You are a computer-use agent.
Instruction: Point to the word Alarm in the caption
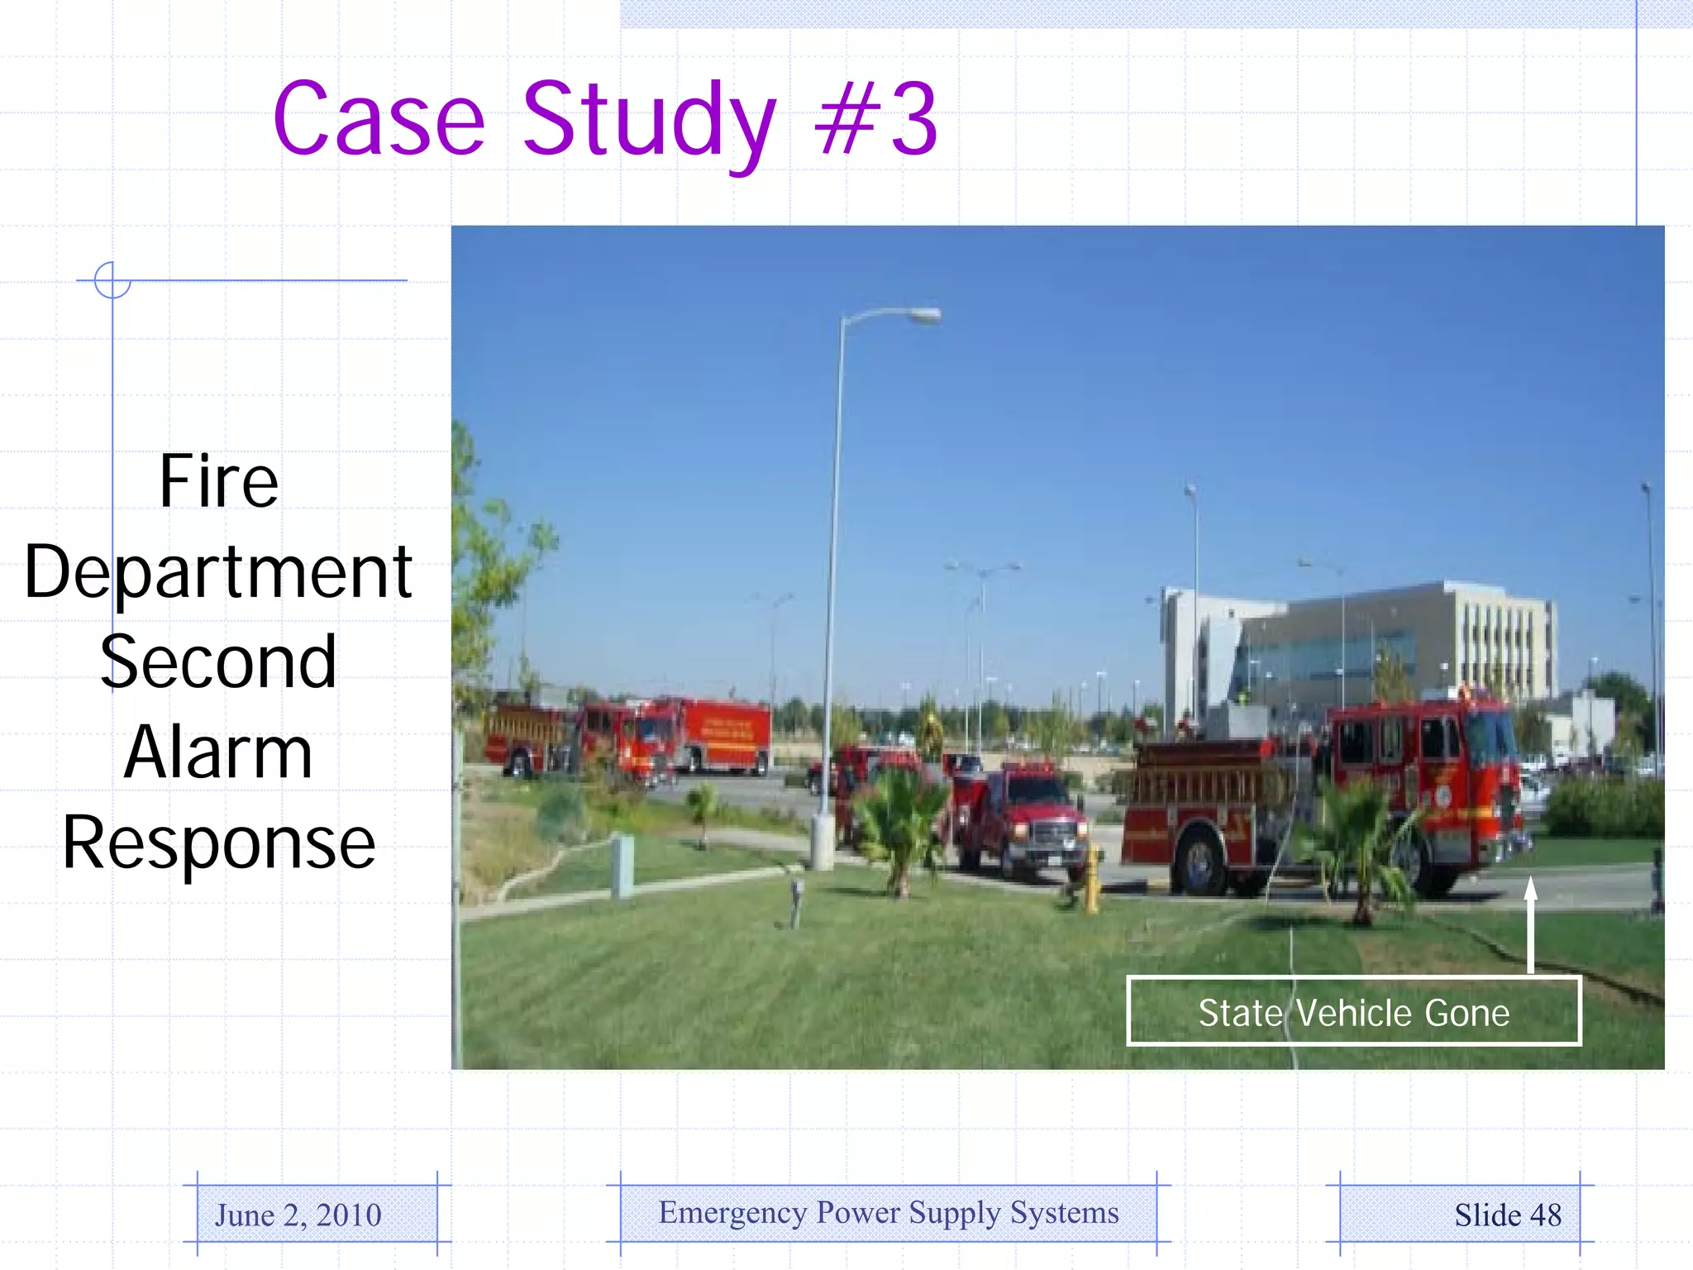(x=218, y=752)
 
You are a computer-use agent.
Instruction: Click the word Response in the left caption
(x=218, y=843)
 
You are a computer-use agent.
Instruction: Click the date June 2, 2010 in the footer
(x=298, y=1215)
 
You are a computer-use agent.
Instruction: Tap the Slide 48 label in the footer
(x=1507, y=1215)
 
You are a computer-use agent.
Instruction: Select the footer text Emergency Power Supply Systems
(x=889, y=1212)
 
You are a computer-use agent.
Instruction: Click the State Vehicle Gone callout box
(x=1353, y=1012)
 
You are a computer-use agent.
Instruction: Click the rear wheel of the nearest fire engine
(x=1199, y=864)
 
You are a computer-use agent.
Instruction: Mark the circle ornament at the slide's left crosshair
(x=112, y=279)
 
